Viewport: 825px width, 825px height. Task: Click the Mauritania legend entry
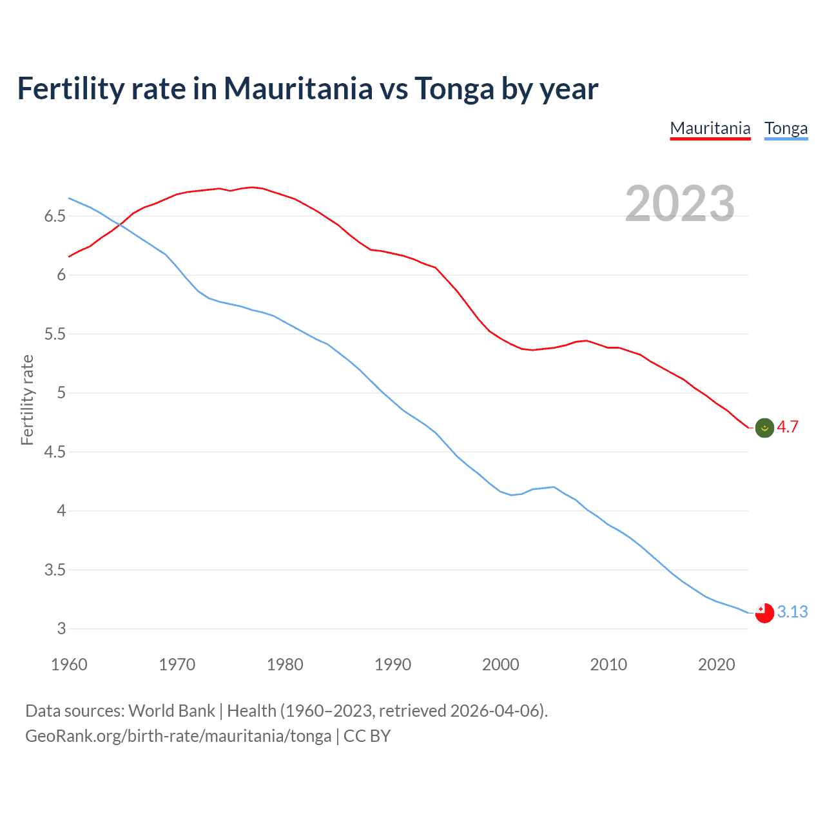click(x=710, y=128)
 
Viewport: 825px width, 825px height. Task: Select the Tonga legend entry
click(x=786, y=128)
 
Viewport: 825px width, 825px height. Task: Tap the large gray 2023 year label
click(x=680, y=204)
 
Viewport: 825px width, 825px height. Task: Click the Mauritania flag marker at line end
click(x=764, y=427)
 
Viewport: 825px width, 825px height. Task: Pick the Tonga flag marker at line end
click(x=764, y=613)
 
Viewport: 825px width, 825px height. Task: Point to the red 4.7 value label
click(x=788, y=427)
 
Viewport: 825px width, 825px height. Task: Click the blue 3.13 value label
click(x=792, y=612)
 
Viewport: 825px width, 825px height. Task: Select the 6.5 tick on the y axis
click(x=55, y=216)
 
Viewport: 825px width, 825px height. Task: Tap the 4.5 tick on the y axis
click(x=55, y=452)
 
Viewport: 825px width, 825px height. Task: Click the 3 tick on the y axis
click(x=61, y=629)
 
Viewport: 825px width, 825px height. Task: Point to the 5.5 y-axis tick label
click(x=55, y=334)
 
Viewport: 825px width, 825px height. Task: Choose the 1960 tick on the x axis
click(x=69, y=665)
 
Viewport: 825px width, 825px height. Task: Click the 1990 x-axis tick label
click(x=393, y=665)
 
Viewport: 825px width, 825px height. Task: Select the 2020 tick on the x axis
click(x=716, y=665)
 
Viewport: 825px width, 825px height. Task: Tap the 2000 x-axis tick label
click(x=500, y=665)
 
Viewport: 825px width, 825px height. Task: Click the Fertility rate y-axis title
click(x=27, y=400)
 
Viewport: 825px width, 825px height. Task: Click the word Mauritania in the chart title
click(x=298, y=88)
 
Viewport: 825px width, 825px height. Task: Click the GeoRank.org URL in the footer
click(x=178, y=736)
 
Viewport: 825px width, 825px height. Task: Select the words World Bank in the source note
click(x=171, y=711)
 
